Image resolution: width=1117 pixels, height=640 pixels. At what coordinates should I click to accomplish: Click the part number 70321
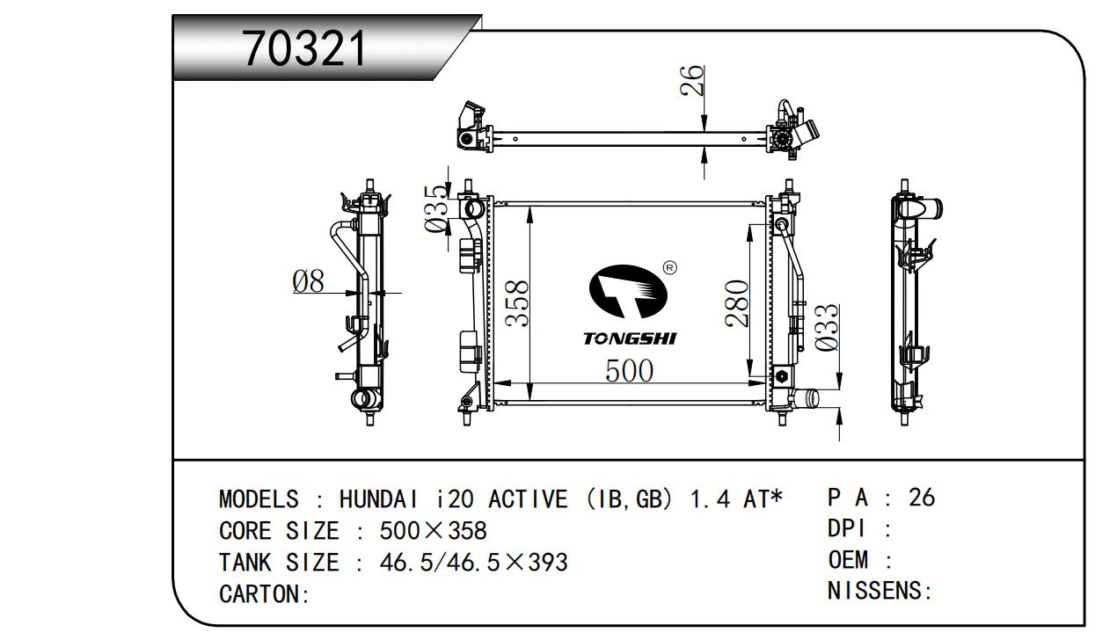click(x=304, y=48)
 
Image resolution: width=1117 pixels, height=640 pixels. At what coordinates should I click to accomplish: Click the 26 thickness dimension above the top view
click(x=694, y=80)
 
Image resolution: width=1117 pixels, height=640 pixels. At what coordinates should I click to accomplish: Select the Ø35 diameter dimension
click(x=436, y=209)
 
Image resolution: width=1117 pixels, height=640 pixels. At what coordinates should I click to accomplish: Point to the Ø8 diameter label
click(x=309, y=281)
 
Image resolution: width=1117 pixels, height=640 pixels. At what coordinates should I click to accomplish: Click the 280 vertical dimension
click(x=736, y=303)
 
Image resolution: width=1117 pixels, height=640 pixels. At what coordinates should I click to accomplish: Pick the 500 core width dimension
click(x=629, y=371)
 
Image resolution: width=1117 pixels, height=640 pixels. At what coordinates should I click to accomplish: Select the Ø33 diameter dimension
click(x=826, y=329)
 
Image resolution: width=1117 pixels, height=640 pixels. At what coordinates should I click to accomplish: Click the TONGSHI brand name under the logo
click(x=630, y=338)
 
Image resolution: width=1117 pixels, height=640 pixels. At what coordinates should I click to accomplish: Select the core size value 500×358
click(x=433, y=531)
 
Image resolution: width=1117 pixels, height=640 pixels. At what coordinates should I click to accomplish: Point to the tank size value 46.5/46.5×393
click(x=473, y=562)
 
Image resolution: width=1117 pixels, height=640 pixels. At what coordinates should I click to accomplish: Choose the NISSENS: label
click(x=879, y=591)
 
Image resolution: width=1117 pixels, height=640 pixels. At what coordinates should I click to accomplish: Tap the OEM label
click(x=849, y=560)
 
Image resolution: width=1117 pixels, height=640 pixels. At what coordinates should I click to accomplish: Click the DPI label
click(x=848, y=529)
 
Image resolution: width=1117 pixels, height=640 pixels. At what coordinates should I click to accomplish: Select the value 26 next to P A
click(x=921, y=498)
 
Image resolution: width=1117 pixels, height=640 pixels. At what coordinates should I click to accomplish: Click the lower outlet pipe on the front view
click(x=805, y=398)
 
